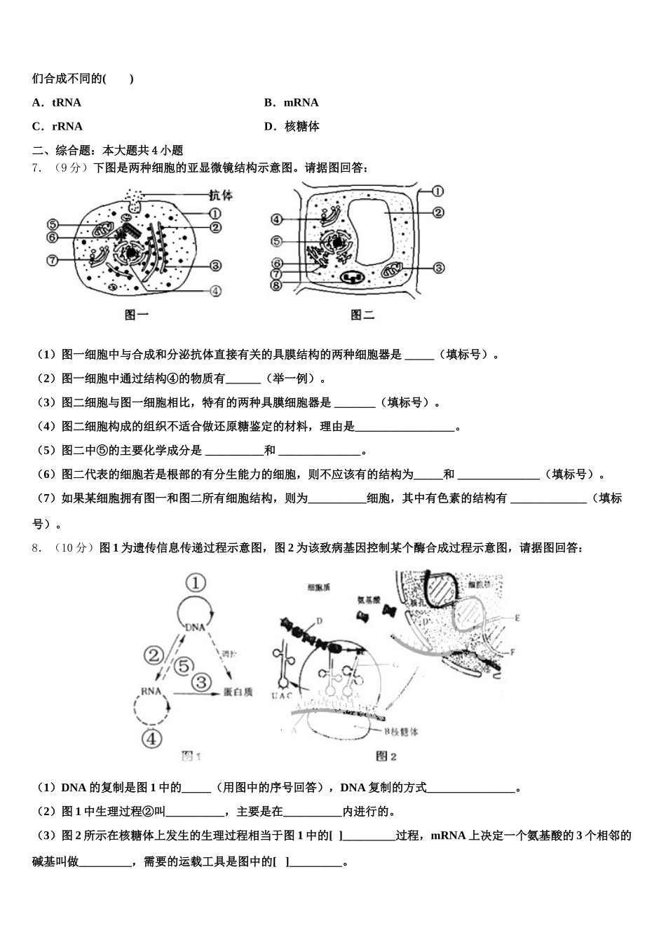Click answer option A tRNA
(57, 102)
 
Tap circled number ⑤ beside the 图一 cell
(53, 224)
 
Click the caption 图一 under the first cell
(137, 315)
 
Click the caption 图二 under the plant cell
(362, 315)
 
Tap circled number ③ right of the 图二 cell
(439, 267)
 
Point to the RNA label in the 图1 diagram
(151, 691)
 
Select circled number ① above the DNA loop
(196, 582)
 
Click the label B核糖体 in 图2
(401, 731)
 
